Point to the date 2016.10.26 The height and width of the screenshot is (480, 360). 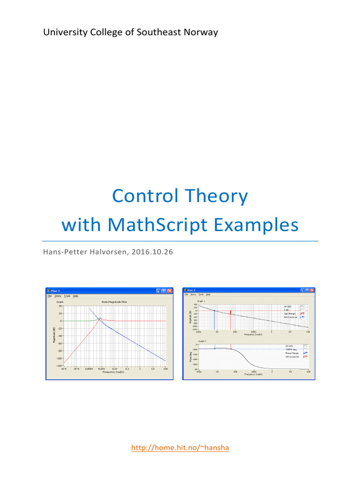click(152, 252)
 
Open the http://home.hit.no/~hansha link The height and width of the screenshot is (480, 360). click(180, 448)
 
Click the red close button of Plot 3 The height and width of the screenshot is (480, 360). click(311, 290)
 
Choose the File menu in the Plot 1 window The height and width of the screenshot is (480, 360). click(49, 296)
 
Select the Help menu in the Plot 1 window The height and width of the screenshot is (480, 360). click(75, 296)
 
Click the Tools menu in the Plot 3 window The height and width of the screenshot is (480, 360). click(201, 294)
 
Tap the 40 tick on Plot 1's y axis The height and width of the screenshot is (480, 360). click(60, 306)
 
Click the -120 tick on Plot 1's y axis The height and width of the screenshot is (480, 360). click(59, 366)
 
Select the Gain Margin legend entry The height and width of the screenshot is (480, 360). click(291, 314)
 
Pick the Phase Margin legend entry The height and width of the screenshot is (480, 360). click(291, 353)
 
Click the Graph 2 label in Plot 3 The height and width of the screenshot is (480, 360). click(202, 341)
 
